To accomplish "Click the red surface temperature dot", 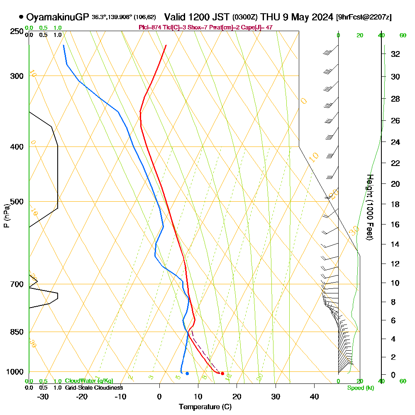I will (x=222, y=373).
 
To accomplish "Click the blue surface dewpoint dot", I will (x=187, y=373).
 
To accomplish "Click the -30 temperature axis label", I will (x=43, y=397).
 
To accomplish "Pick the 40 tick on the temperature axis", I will (x=314, y=397).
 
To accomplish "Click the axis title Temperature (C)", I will (x=205, y=407).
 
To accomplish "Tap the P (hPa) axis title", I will (x=6, y=216).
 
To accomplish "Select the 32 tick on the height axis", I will (x=395, y=54).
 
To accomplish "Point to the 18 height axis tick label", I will (x=395, y=204).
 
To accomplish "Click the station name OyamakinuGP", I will (x=57, y=17).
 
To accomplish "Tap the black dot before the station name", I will (x=21, y=17).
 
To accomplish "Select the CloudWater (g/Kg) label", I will (x=89, y=381).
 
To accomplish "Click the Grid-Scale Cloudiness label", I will (x=94, y=388).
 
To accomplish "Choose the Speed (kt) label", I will (x=359, y=388).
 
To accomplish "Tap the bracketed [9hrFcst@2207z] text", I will (x=364, y=17).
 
